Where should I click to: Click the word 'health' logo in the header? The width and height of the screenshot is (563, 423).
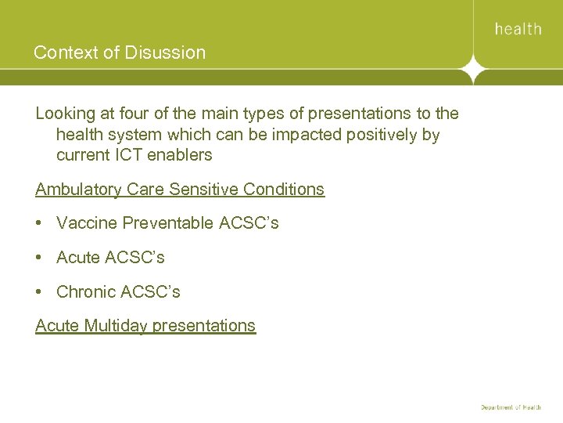[x=518, y=29]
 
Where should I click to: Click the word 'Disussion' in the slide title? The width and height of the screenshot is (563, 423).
[x=167, y=53]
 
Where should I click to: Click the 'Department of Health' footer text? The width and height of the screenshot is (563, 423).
[x=511, y=407]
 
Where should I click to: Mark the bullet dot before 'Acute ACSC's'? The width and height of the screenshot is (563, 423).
[x=40, y=258]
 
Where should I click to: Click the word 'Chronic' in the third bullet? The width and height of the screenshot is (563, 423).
[x=86, y=292]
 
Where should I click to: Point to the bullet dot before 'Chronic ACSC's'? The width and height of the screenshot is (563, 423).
[x=40, y=292]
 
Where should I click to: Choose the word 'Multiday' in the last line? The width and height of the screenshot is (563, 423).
[x=115, y=326]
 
